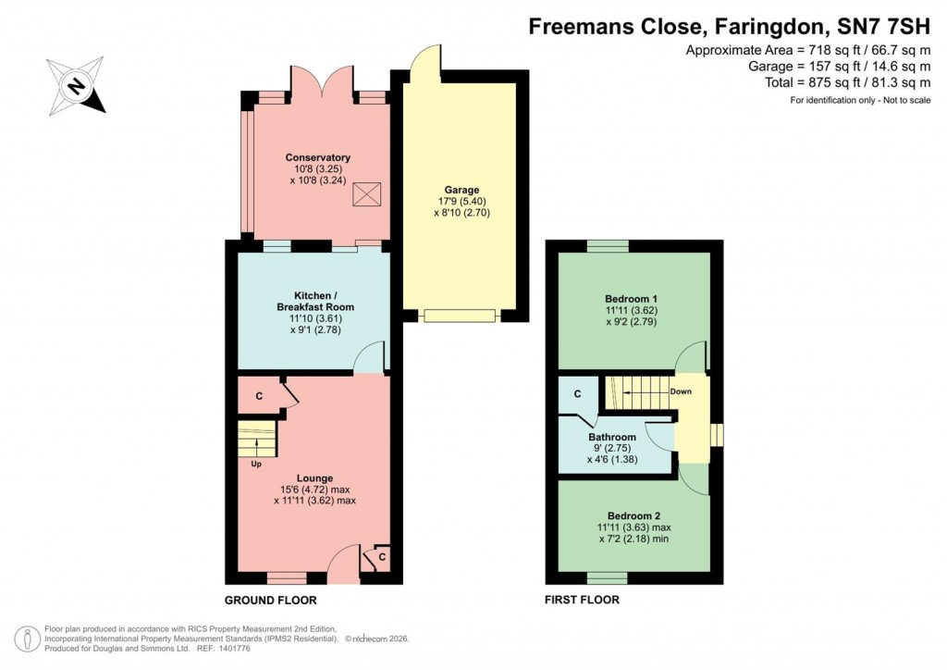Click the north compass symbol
click(x=76, y=85)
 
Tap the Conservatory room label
click(x=317, y=157)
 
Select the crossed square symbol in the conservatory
click(x=368, y=194)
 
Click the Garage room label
click(x=461, y=190)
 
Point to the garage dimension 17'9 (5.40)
click(x=461, y=201)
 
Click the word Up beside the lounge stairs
click(x=256, y=464)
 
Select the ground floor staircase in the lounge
click(x=257, y=438)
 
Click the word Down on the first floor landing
click(x=681, y=391)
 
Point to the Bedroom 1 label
click(x=632, y=299)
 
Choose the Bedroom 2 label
click(x=634, y=515)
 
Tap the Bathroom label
click(x=612, y=438)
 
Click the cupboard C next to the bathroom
click(x=577, y=394)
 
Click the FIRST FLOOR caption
click(x=582, y=600)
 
